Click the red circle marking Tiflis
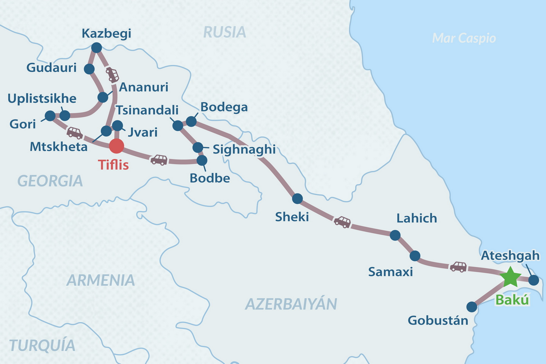pos(116,146)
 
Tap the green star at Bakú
pos(510,277)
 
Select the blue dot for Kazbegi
pos(96,48)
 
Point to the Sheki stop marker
pos(297,199)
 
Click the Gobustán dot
pos(472,307)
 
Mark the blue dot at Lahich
pos(395,235)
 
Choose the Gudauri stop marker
pos(89,69)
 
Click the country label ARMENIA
pos(101,280)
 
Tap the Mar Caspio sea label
pos(464,38)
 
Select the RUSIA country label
pos(224,32)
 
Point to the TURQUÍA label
pos(42,345)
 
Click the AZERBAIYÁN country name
pos(291,304)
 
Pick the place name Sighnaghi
pos(244,149)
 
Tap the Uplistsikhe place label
pos(42,99)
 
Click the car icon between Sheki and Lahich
pos(342,222)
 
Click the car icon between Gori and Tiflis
pos(74,133)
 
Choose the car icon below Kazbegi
pos(112,75)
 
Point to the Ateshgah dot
pos(534,280)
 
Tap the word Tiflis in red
pos(113,165)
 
